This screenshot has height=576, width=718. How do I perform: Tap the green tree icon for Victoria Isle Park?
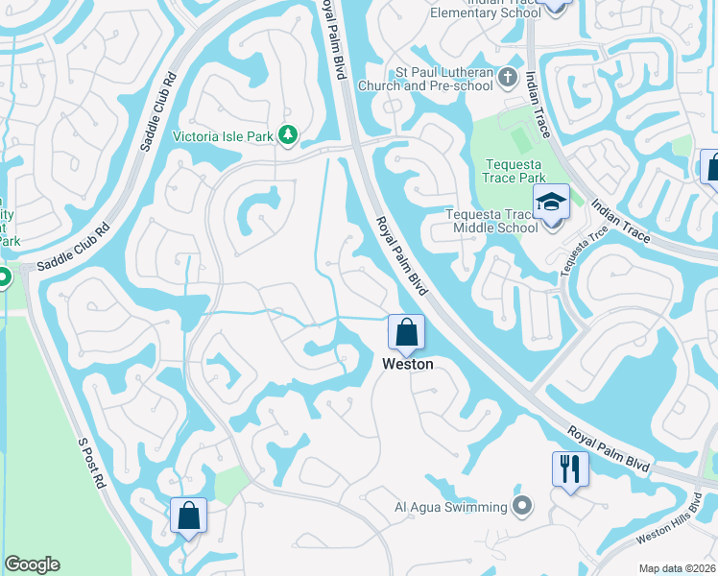[287, 135]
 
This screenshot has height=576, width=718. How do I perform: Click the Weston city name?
[407, 364]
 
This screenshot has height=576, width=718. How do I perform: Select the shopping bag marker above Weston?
[406, 333]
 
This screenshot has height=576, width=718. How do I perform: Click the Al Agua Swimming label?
[450, 507]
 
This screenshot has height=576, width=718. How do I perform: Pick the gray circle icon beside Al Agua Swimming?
[521, 506]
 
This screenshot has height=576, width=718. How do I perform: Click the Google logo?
[32, 564]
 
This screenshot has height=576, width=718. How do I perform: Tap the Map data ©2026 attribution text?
[677, 568]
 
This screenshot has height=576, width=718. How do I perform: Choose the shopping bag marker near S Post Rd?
[189, 516]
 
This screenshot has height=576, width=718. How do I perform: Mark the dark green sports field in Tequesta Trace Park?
[521, 141]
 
